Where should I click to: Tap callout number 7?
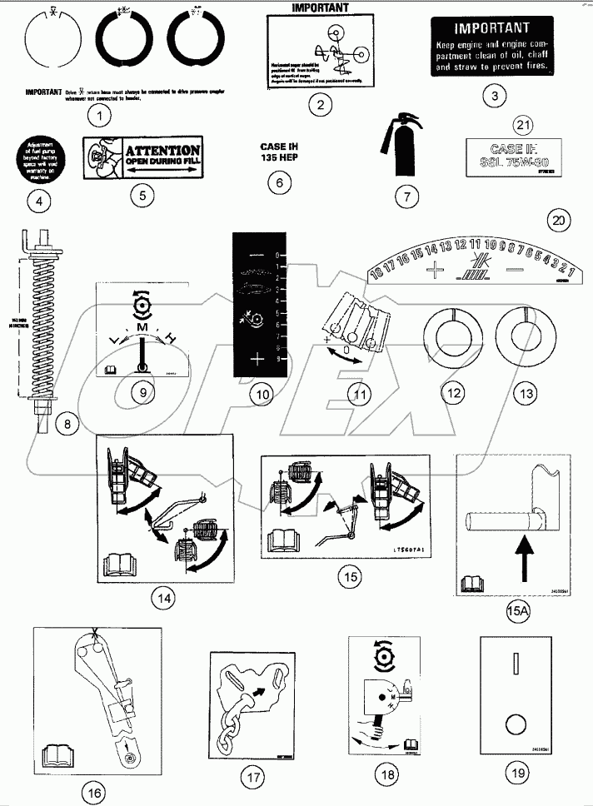coord(406,197)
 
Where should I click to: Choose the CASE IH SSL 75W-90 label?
coord(501,156)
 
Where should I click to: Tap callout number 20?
coord(560,221)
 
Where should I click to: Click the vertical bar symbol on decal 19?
coord(516,666)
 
